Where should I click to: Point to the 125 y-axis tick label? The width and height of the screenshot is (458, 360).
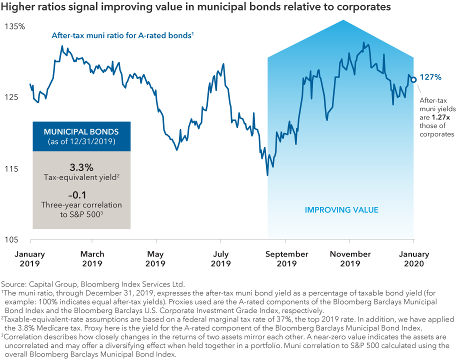[x=12, y=97]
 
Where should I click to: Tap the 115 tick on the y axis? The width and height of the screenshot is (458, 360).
[x=12, y=169]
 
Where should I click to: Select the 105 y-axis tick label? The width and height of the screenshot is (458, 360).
[x=12, y=240]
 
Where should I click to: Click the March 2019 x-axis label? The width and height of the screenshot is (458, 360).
[x=92, y=258]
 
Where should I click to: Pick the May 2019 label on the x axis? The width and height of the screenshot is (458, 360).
[x=155, y=258]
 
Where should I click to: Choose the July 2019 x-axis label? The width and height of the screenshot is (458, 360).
[x=220, y=258]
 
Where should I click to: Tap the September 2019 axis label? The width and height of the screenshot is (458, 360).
[x=286, y=258]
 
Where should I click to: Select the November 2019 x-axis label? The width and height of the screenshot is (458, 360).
[x=350, y=258]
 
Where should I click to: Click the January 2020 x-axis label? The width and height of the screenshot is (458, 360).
[x=414, y=258]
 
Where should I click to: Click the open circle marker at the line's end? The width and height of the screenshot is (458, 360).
[x=413, y=79]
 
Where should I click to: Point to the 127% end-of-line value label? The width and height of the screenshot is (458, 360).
[x=430, y=77]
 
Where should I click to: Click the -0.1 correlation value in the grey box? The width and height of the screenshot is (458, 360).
[x=81, y=195]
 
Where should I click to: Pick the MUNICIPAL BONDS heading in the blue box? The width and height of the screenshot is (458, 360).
[x=81, y=132]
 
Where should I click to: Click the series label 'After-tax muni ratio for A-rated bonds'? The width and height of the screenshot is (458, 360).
[x=122, y=35]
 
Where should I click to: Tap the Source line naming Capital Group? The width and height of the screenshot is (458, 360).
[x=93, y=283]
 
